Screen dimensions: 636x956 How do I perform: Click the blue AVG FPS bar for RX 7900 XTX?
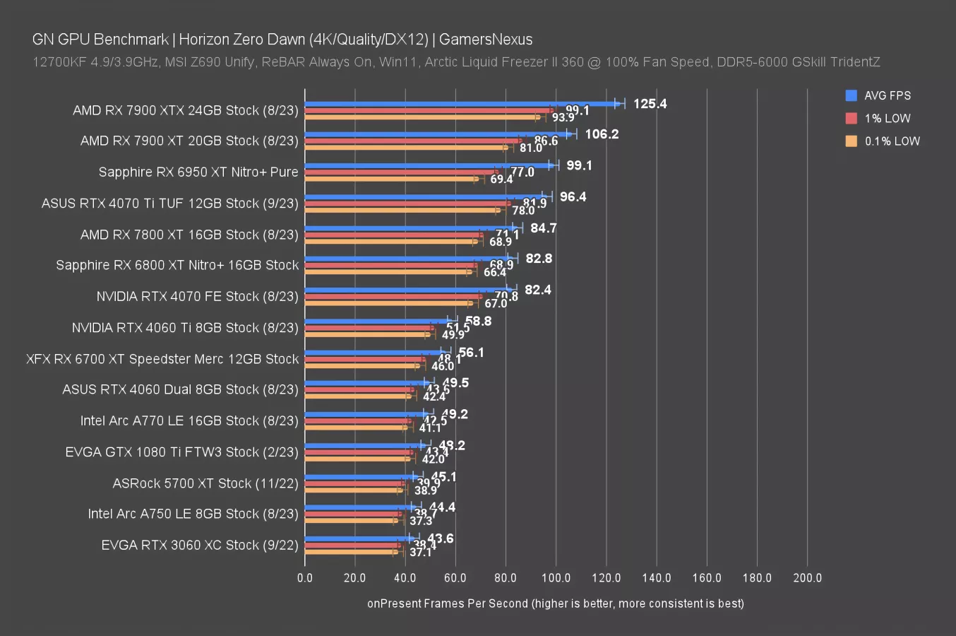coord(459,104)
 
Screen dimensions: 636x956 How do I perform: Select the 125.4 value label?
coord(650,104)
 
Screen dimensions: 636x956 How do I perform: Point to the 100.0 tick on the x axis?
coord(556,577)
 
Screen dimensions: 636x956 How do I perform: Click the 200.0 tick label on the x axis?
coord(807,577)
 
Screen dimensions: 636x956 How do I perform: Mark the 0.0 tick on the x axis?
coord(305,577)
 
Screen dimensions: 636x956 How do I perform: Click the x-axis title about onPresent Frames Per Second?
coord(555,603)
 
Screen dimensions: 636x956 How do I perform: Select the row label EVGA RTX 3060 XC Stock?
coord(200,545)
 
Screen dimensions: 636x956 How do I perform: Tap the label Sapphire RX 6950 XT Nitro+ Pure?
coord(198,172)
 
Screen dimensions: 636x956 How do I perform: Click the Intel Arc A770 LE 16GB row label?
coord(189,420)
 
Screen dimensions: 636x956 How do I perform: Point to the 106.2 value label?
coord(602,134)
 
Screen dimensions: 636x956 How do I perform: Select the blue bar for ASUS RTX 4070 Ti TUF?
coord(424,197)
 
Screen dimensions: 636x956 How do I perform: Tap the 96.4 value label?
coord(573,196)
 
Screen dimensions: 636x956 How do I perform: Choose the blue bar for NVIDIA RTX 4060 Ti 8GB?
coord(378,322)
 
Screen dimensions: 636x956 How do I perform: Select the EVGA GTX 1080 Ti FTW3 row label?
coord(181,452)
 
